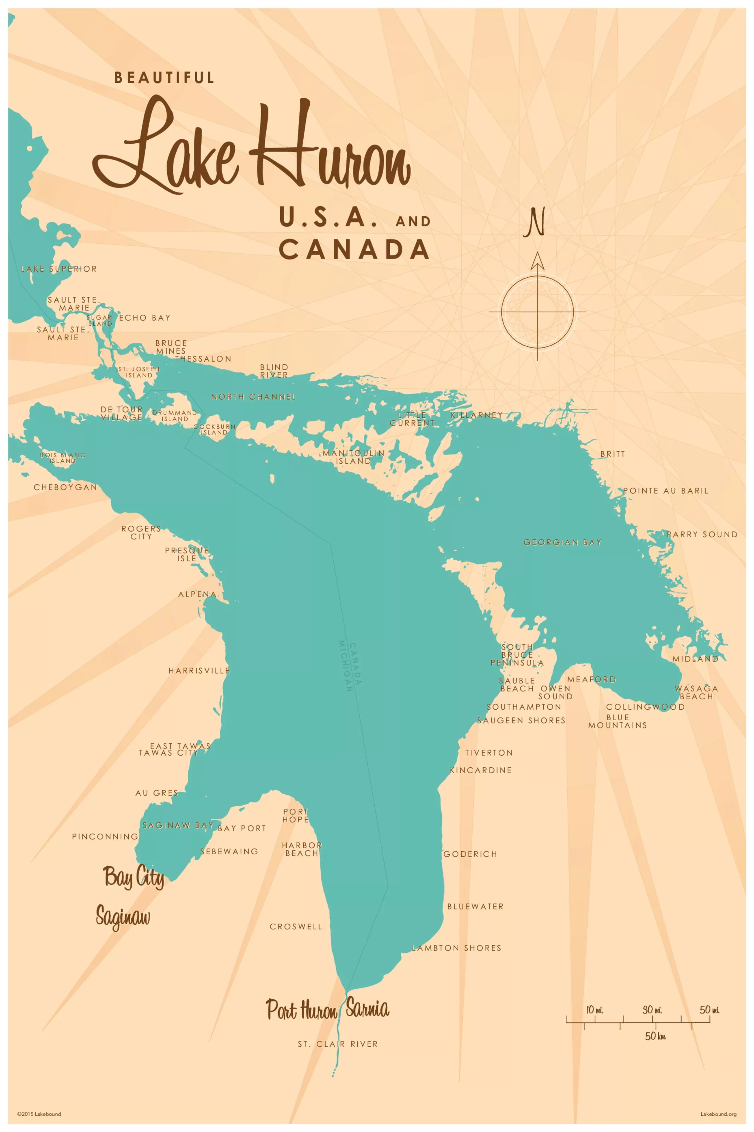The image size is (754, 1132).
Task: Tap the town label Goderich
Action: coord(470,854)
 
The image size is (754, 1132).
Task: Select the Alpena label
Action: coord(197,594)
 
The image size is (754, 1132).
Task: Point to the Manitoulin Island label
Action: coord(353,457)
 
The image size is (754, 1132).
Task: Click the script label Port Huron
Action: coord(302,1010)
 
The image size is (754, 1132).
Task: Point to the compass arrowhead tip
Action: coord(537,253)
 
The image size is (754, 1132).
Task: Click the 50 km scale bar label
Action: coord(655,1036)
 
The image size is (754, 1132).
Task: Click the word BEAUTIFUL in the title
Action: coord(164,77)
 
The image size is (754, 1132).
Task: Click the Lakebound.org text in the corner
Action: coord(718,1114)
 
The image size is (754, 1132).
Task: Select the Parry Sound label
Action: coord(702,535)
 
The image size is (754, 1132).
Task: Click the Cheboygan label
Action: coord(65,487)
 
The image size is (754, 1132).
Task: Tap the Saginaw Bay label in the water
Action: coord(178,825)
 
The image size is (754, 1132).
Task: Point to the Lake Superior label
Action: coord(59,269)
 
